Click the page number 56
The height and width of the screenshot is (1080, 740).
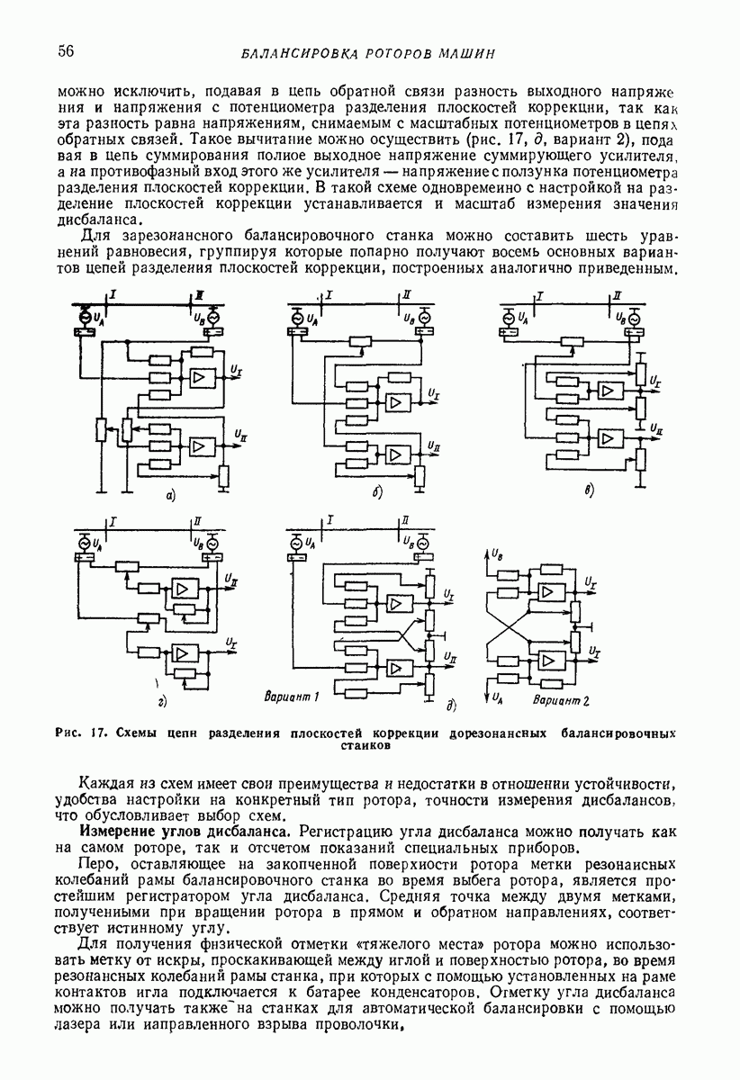65,51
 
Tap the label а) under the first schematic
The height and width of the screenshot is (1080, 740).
167,493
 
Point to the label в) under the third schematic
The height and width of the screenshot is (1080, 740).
588,491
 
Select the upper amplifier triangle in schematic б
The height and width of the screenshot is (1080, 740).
394,402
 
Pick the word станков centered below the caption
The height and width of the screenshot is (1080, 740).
366,746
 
